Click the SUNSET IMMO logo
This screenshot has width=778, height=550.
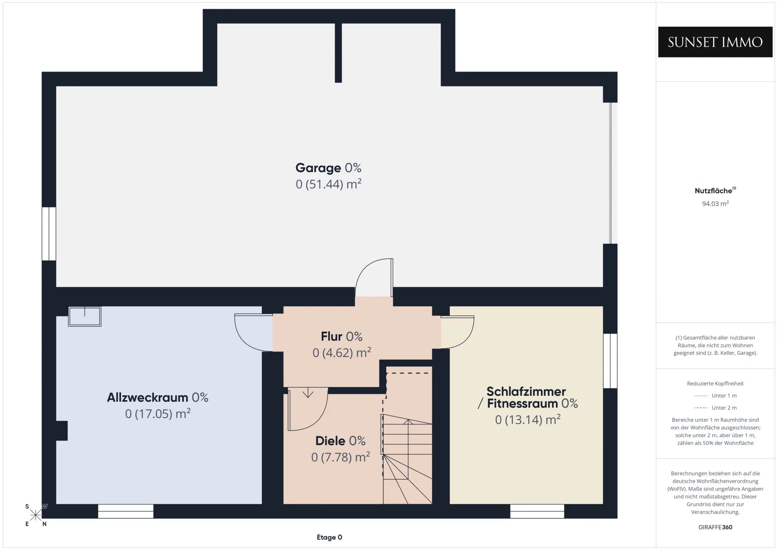[715, 42]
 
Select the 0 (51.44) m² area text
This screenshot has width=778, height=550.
[328, 184]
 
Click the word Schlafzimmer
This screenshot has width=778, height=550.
[526, 392]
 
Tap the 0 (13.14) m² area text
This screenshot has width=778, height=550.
[528, 420]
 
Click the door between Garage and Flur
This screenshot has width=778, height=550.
[374, 277]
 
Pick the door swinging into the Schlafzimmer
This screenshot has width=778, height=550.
[457, 332]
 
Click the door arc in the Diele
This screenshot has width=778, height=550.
[308, 409]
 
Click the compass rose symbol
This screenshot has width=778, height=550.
[36, 515]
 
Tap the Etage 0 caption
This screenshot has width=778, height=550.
[329, 537]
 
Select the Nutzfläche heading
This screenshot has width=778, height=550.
[715, 190]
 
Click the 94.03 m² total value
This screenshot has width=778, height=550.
[715, 204]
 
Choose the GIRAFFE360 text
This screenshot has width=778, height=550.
[715, 527]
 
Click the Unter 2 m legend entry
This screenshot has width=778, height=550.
[715, 408]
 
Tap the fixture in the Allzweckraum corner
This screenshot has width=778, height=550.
[85, 316]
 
